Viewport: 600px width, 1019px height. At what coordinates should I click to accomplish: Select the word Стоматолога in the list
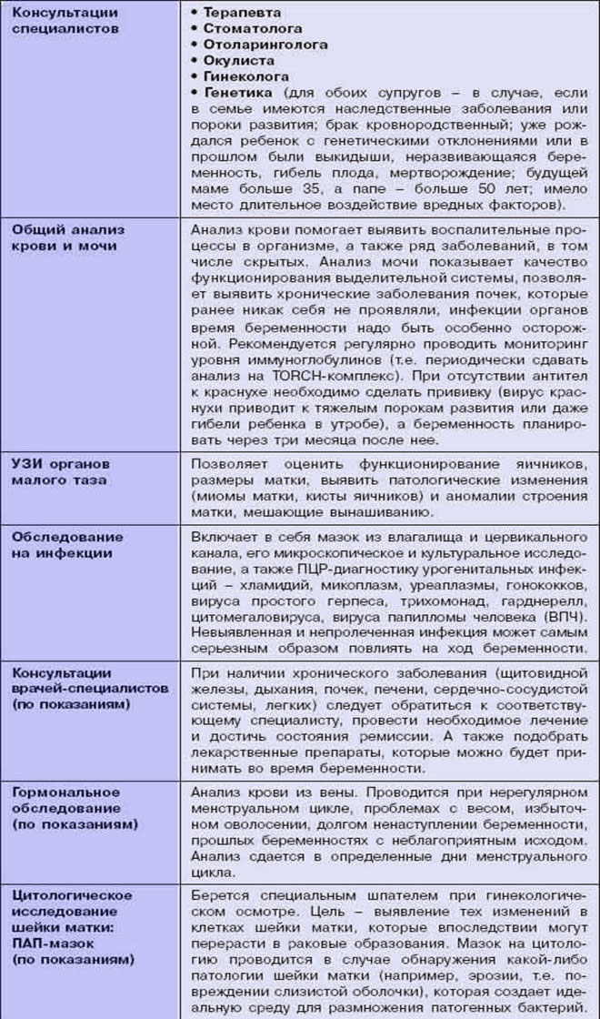(248, 29)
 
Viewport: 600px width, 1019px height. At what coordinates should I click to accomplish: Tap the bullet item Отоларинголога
(265, 45)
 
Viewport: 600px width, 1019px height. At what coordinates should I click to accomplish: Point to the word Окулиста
(235, 60)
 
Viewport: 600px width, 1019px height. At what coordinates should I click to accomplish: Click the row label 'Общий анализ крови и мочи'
(68, 238)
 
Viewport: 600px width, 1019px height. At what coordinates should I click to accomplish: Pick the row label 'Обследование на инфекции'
(63, 543)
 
